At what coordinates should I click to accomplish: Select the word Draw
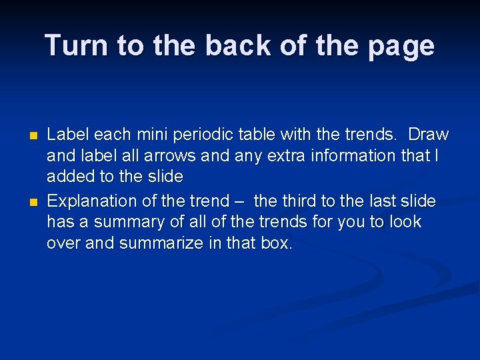click(x=428, y=134)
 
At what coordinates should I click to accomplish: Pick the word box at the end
click(x=275, y=243)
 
